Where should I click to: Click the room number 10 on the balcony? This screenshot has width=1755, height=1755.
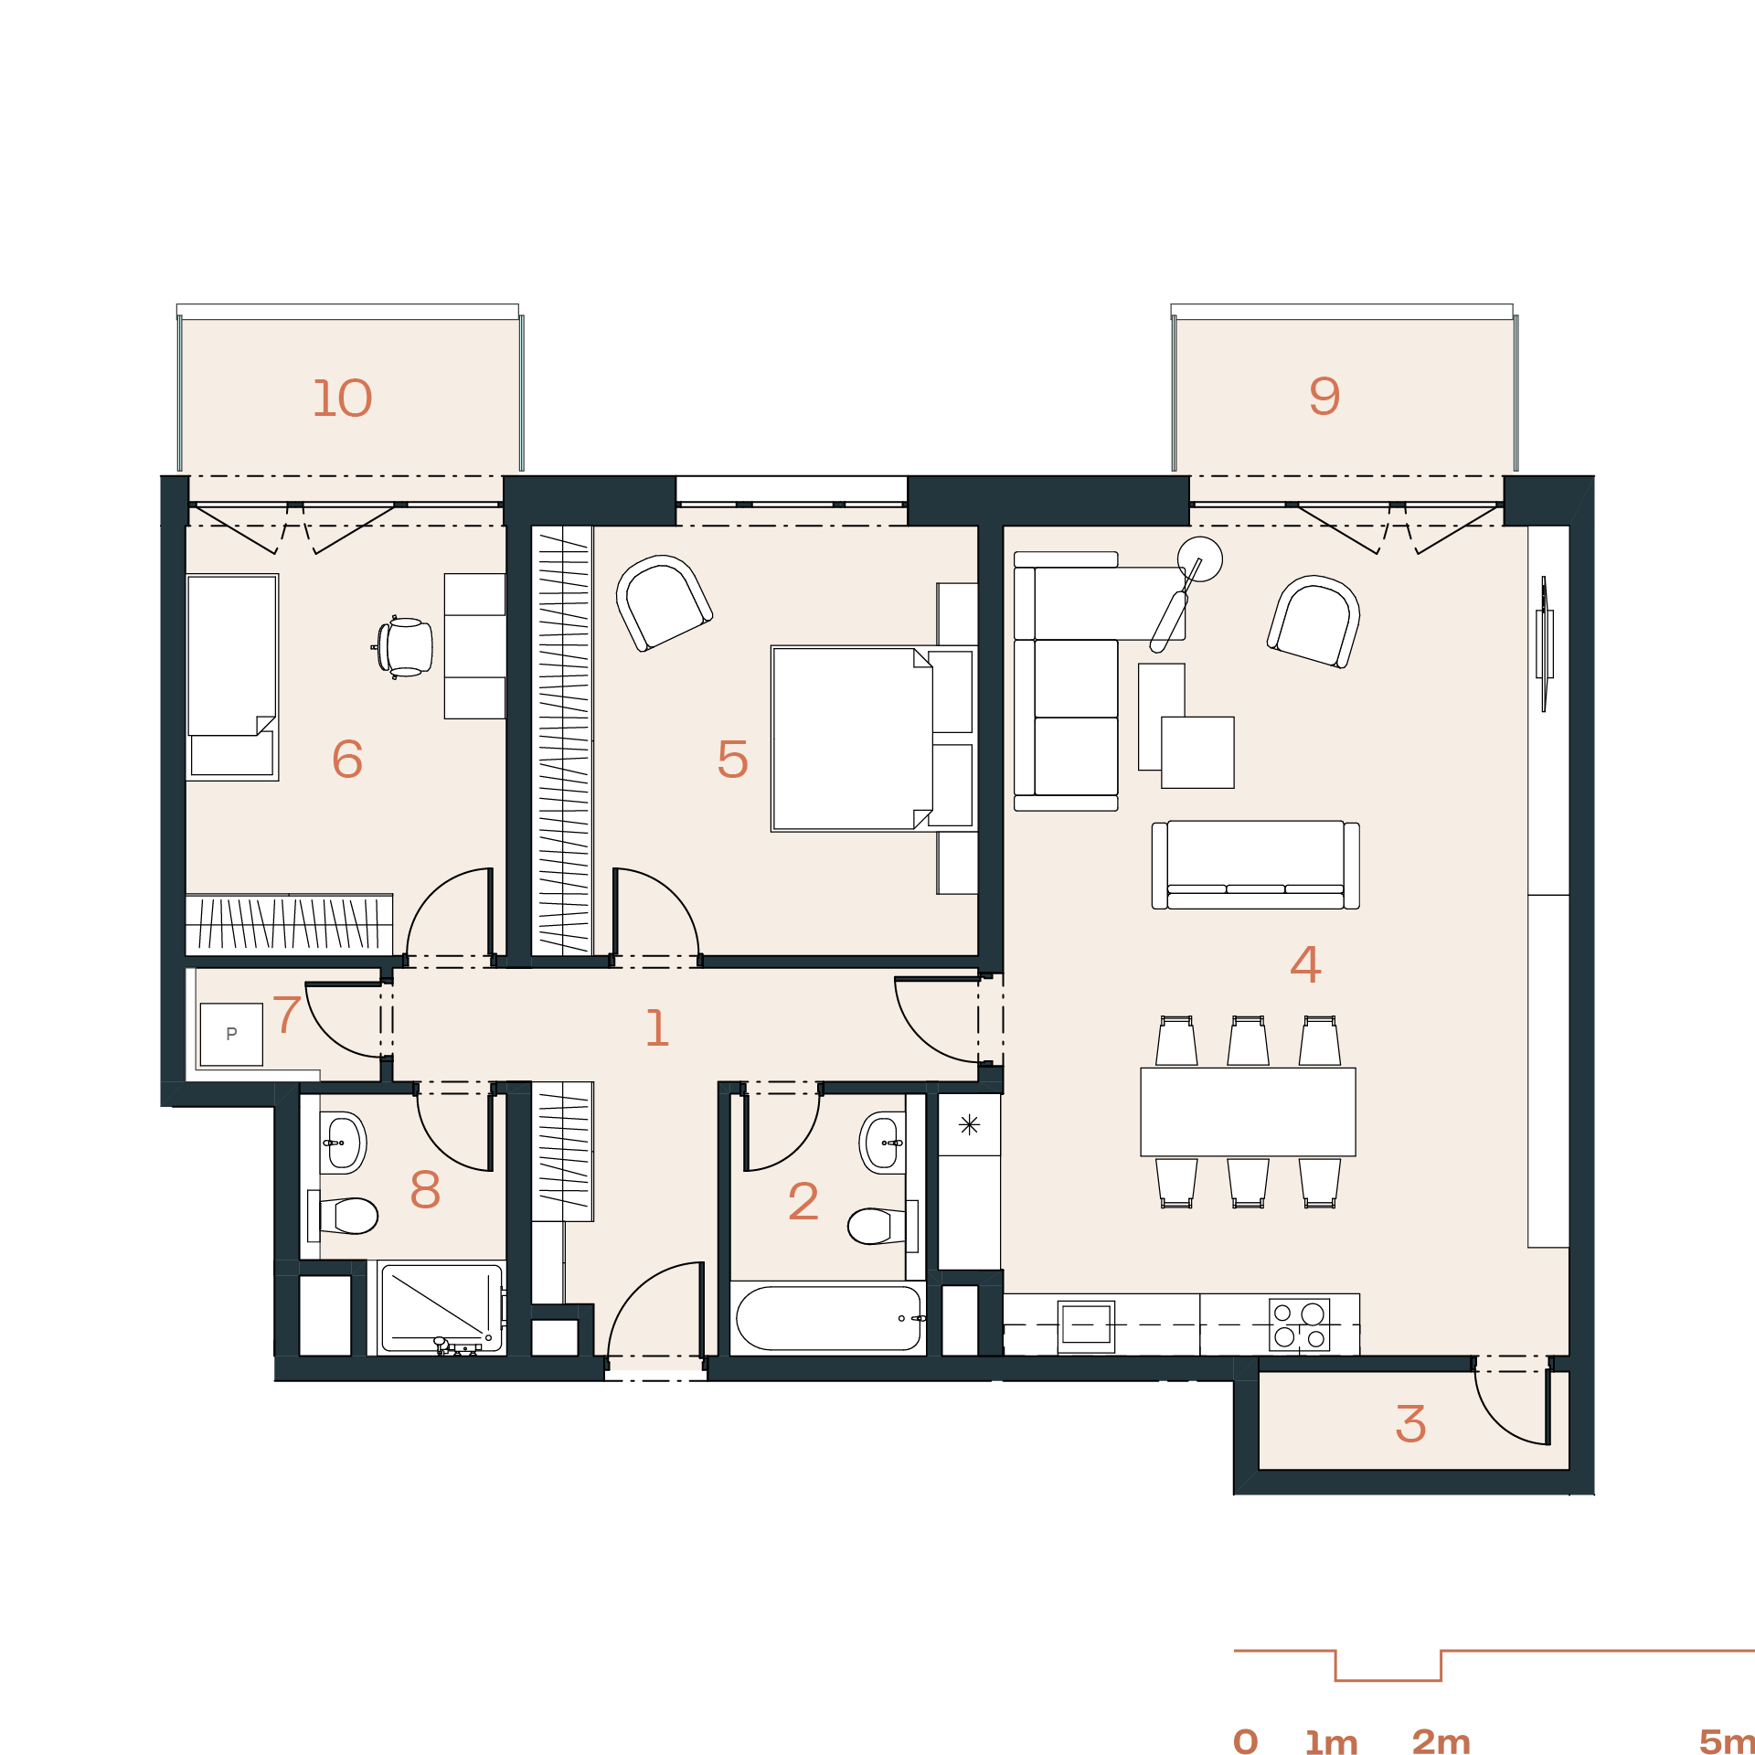click(343, 399)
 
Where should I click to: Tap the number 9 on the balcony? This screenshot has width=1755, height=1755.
click(1324, 396)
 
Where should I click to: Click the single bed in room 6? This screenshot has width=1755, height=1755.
click(232, 677)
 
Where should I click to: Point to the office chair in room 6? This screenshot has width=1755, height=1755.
click(403, 647)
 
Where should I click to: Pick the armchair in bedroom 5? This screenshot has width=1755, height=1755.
click(664, 602)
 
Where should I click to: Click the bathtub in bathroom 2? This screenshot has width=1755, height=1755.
click(828, 1318)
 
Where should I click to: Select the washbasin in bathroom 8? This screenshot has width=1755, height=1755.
click(343, 1143)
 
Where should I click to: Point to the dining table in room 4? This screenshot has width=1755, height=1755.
click(1248, 1111)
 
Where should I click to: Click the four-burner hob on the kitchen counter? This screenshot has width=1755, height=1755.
click(1299, 1324)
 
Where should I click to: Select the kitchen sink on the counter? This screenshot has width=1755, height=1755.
click(1086, 1325)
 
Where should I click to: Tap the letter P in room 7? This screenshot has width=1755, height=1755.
click(231, 1034)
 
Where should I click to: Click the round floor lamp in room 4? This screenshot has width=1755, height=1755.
click(1200, 559)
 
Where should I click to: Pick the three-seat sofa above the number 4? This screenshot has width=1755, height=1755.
click(1255, 865)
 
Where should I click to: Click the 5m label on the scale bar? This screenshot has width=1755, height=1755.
click(1727, 1741)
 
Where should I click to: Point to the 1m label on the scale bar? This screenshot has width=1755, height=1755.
click(1331, 1742)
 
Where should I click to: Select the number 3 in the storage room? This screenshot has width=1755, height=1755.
click(1410, 1424)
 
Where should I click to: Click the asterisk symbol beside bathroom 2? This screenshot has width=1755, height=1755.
click(969, 1124)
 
